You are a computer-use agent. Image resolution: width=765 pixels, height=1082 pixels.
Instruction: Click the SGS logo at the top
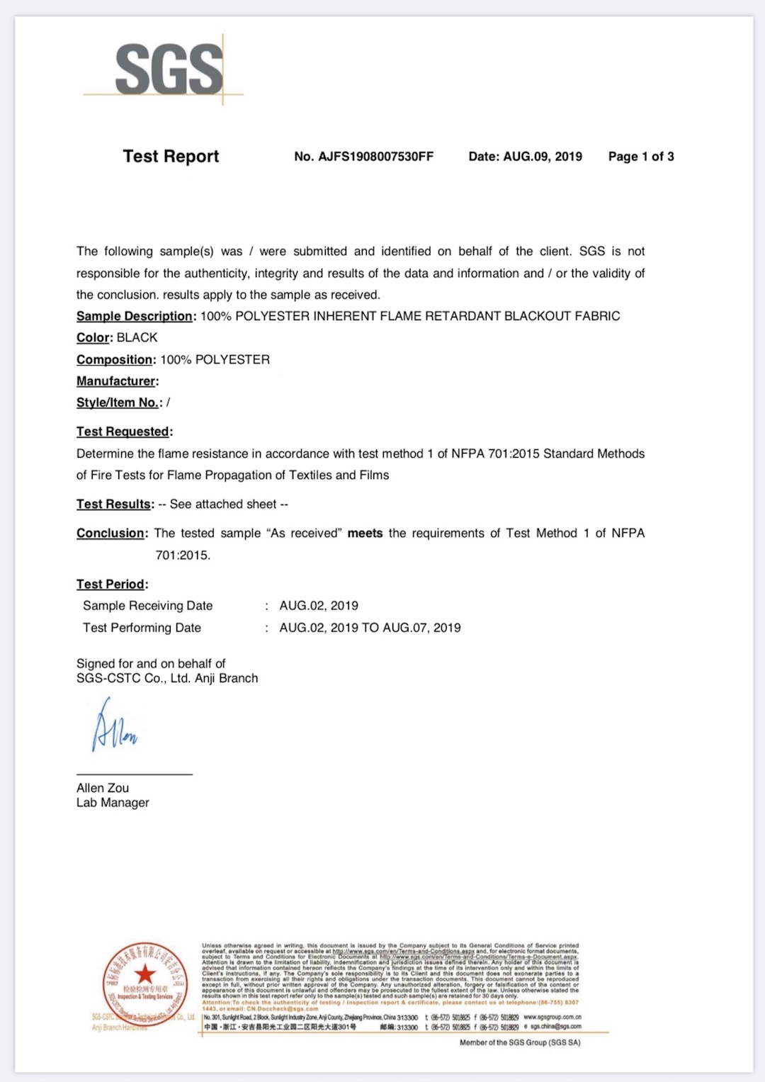click(x=169, y=69)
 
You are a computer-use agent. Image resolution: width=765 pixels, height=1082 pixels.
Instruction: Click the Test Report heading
click(x=171, y=157)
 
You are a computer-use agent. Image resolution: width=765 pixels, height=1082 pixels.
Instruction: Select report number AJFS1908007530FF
click(x=363, y=157)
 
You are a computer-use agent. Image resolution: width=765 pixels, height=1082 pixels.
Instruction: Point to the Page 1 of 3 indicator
click(x=640, y=157)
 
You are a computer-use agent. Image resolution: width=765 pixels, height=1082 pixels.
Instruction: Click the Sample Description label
click(x=135, y=316)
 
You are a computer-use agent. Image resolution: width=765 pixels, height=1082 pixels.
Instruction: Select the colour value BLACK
click(x=137, y=338)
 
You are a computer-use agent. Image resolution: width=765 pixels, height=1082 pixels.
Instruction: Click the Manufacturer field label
click(x=116, y=381)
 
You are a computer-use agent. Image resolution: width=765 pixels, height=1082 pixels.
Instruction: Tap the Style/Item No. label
click(x=118, y=402)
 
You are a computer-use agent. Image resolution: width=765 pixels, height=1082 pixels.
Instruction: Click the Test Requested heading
click(x=123, y=432)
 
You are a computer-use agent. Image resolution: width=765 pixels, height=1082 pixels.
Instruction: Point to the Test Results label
click(x=114, y=505)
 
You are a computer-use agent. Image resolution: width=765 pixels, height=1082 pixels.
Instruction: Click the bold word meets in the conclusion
click(x=365, y=534)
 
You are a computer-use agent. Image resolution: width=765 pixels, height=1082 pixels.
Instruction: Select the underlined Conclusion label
click(x=112, y=534)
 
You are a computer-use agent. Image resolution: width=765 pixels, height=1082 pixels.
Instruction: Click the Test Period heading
click(x=111, y=585)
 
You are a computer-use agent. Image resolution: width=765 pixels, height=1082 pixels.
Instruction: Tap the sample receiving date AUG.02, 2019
click(x=319, y=606)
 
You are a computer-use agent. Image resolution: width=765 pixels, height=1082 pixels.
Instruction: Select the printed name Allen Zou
click(x=103, y=788)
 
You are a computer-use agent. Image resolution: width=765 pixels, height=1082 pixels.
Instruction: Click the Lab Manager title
click(x=113, y=803)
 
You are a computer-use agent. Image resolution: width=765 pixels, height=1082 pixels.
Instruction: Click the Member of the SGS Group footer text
click(x=520, y=1042)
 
